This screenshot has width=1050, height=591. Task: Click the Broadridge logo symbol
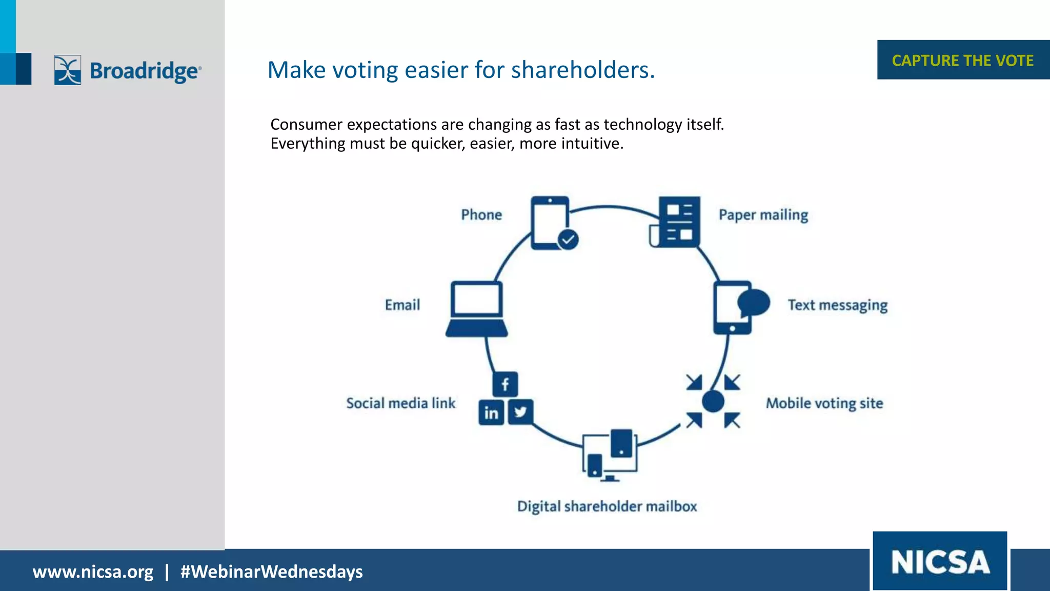point(68,70)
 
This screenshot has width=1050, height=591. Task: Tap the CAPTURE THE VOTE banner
point(962,60)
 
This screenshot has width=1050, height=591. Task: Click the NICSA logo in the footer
point(940,562)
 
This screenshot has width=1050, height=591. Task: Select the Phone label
point(481,214)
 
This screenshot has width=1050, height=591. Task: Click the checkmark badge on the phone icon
point(568,239)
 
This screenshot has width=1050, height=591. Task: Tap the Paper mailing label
point(763,214)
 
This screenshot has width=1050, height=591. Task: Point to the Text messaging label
point(838,305)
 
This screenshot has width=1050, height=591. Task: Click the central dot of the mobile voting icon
point(713,401)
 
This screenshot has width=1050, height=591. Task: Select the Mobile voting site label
point(824,403)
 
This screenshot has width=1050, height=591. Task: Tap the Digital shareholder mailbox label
point(607,506)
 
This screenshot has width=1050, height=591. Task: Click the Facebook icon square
point(505,384)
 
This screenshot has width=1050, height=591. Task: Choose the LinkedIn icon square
point(491,412)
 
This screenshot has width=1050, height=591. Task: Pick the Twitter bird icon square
point(520,412)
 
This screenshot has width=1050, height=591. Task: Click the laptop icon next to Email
point(476,309)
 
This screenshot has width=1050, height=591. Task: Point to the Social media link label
point(401,403)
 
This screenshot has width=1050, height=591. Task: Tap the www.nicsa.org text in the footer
point(93,572)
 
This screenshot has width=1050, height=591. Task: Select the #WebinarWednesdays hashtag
point(271,572)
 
